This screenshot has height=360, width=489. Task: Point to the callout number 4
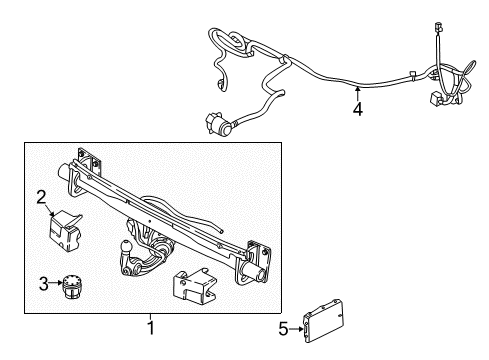tap(357, 111)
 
